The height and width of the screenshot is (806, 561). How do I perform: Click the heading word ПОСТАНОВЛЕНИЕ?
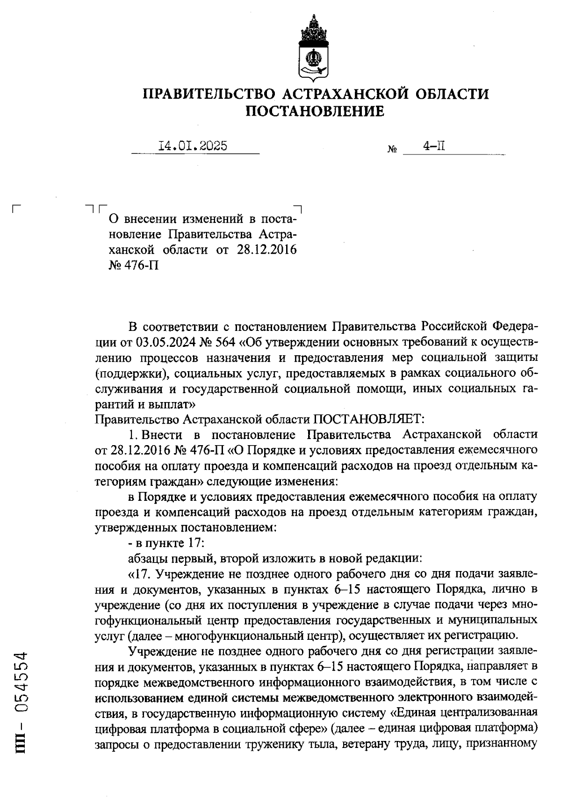315,111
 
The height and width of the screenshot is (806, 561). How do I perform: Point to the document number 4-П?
434,146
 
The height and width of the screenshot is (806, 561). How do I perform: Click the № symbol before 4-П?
392,150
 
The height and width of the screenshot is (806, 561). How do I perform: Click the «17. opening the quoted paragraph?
140,574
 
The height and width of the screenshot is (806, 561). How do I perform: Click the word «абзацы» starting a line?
146,558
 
